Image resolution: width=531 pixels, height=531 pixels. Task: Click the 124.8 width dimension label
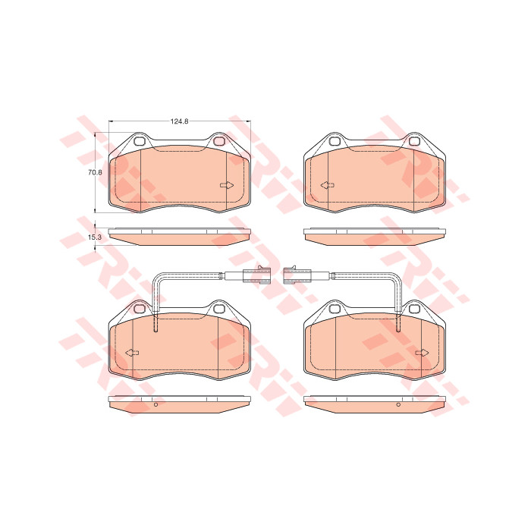click(180, 121)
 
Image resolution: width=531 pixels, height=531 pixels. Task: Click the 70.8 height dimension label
click(95, 172)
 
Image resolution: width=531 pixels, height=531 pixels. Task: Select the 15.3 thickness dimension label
click(95, 237)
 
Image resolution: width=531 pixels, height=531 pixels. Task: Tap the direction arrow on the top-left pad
click(227, 185)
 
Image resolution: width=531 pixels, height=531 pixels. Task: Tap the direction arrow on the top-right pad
click(328, 185)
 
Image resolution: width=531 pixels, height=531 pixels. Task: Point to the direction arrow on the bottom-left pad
click(132, 353)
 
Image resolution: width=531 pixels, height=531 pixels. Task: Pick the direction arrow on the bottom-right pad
click(423, 353)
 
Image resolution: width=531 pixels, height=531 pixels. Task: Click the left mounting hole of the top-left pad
click(139, 141)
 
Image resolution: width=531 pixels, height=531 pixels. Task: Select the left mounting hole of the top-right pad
click(335, 141)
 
